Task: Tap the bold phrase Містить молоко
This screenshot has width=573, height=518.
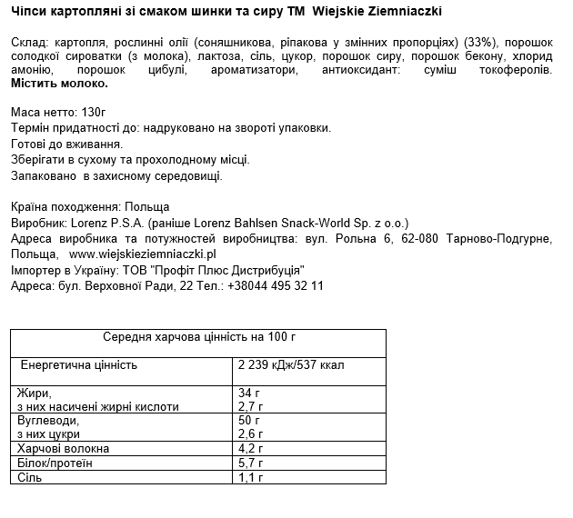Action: pos(59,83)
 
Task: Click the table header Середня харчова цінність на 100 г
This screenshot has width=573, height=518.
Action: pos(198,336)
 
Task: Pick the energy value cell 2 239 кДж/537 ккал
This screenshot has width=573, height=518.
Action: pos(290,364)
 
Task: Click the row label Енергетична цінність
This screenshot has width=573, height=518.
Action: pos(79,364)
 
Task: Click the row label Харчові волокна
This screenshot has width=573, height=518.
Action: pos(63,449)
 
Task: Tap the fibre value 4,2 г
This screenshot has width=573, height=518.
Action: pos(250,449)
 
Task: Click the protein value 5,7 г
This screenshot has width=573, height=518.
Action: pos(250,463)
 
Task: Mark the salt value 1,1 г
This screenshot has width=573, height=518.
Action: pos(250,477)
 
